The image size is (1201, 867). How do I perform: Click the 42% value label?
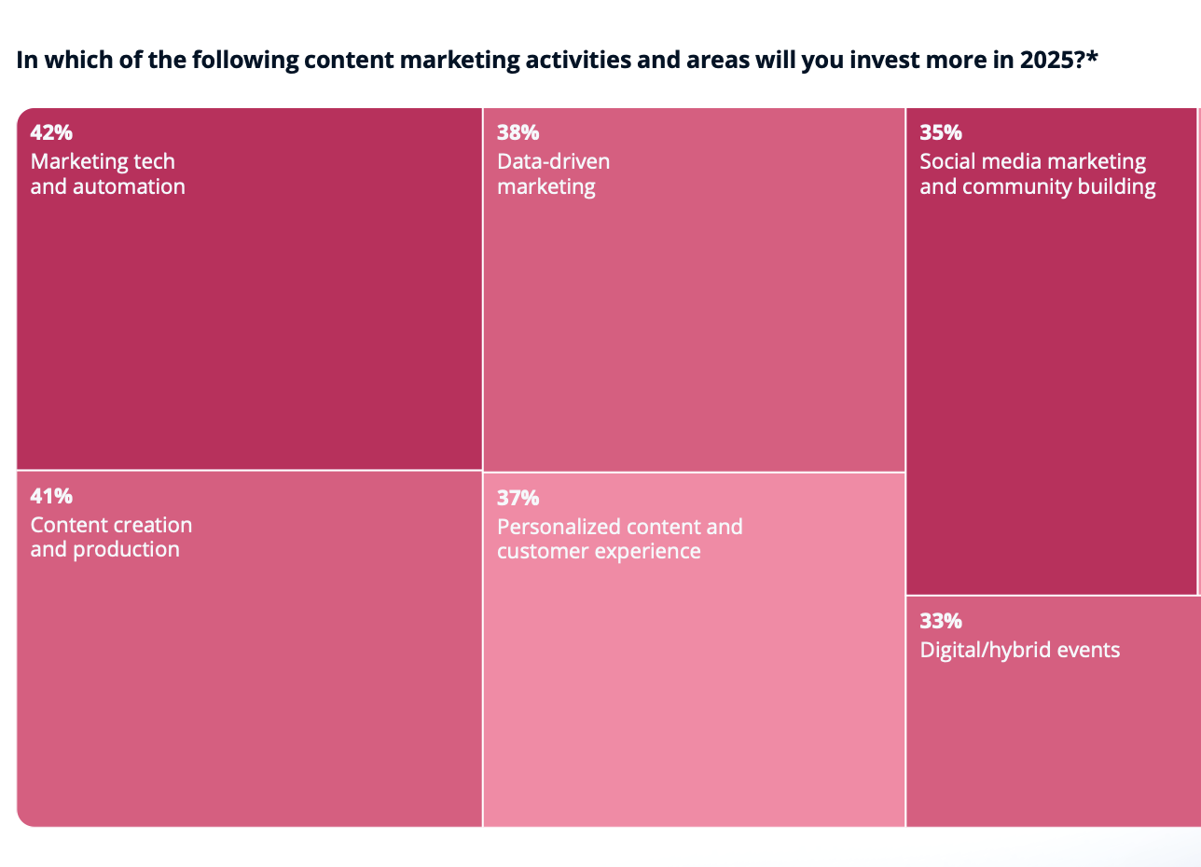pos(51,132)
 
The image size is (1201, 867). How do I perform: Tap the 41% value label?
pos(51,496)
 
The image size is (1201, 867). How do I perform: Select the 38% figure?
pos(518,132)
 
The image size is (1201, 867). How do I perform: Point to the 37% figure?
pos(518,498)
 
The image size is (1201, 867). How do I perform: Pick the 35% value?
pos(941,132)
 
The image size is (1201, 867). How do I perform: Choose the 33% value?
pos(941,621)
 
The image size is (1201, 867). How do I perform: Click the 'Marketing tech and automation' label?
pos(107,173)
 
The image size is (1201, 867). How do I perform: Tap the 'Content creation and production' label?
pos(111,537)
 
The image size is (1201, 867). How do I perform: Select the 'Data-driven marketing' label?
pos(553,173)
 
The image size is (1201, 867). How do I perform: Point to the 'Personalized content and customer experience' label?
pos(619,539)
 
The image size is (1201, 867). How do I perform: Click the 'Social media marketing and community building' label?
pos(1037,173)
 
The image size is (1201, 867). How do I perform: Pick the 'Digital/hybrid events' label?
pos(1019,650)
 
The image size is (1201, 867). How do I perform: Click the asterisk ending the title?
pos(1092,58)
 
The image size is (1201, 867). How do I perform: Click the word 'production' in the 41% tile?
pos(126,550)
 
